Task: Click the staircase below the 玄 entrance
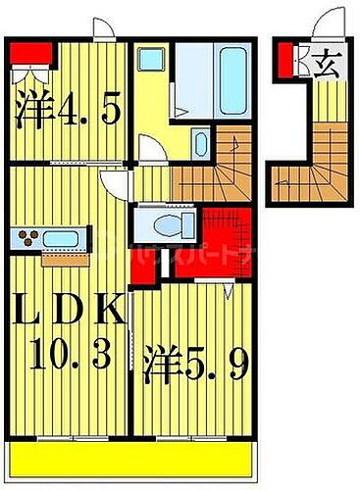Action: (x=310, y=161)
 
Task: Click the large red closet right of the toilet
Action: (x=231, y=235)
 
